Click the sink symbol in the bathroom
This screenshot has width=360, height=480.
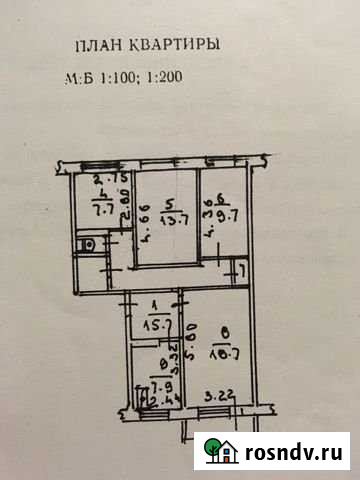pyautogui.click(x=88, y=242)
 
